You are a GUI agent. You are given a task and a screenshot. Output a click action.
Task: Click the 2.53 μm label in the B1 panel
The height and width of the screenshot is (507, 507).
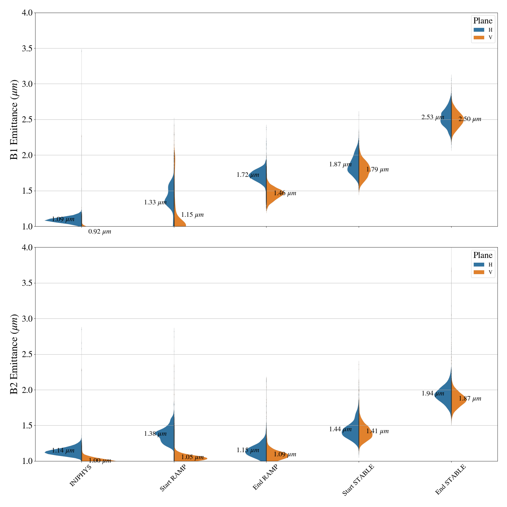pos(433,117)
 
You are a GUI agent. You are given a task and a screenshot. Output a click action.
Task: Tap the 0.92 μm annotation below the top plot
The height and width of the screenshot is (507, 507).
pos(99,232)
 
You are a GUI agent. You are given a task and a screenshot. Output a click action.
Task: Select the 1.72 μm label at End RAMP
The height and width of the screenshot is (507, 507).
pos(248,175)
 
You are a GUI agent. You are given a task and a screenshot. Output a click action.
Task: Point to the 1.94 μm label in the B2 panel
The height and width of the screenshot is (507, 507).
pos(433,394)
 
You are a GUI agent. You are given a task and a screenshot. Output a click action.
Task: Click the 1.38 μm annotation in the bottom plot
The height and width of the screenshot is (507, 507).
pos(155,434)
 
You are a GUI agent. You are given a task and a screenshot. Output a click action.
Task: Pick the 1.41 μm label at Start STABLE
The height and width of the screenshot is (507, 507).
pos(377,431)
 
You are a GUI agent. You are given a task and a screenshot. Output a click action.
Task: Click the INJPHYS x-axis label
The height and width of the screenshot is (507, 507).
pos(80,475)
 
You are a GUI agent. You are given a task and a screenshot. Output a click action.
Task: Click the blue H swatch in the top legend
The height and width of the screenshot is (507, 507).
pos(479,30)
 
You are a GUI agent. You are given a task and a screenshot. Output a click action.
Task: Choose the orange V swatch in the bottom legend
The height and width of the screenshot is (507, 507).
pos(479,272)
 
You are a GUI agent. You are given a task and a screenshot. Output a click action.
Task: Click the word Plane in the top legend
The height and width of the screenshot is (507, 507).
pos(483,21)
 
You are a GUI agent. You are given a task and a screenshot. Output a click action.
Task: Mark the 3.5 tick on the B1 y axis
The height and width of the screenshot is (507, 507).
pos(28,48)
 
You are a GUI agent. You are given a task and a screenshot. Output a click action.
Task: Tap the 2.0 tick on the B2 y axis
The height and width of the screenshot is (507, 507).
pos(28,390)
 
